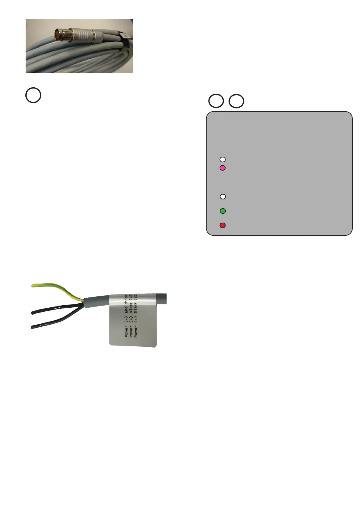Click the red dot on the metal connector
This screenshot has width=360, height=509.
pyautogui.click(x=76, y=35)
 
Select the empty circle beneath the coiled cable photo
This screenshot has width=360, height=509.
pyautogui.click(x=33, y=95)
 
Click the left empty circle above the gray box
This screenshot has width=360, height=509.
pyautogui.click(x=216, y=101)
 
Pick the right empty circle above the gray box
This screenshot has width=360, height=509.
pyautogui.click(x=236, y=101)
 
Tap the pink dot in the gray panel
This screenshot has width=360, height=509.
pyautogui.click(x=222, y=168)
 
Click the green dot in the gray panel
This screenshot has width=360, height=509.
pyautogui.click(x=223, y=211)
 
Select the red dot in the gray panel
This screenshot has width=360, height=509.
pyautogui.click(x=223, y=225)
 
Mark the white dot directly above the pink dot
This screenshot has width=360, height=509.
pyautogui.click(x=222, y=159)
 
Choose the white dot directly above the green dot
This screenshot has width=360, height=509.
pyautogui.click(x=223, y=197)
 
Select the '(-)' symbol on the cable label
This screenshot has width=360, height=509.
pyautogui.click(x=126, y=320)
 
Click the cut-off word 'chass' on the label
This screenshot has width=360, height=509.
pyautogui.click(x=126, y=299)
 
